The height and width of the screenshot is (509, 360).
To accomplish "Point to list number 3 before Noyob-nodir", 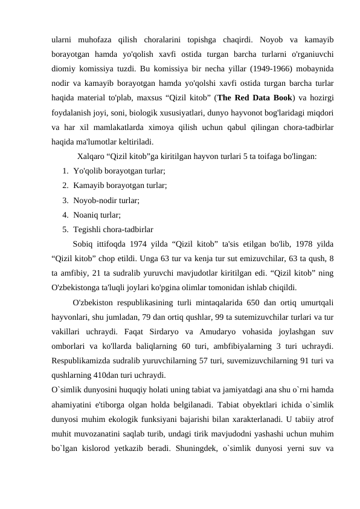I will point(64,200).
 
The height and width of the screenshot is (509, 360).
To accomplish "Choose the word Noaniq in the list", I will point(88,215).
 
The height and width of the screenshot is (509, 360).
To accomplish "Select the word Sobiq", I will point(83,244).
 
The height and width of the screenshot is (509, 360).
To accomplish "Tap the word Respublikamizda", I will point(82,361).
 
